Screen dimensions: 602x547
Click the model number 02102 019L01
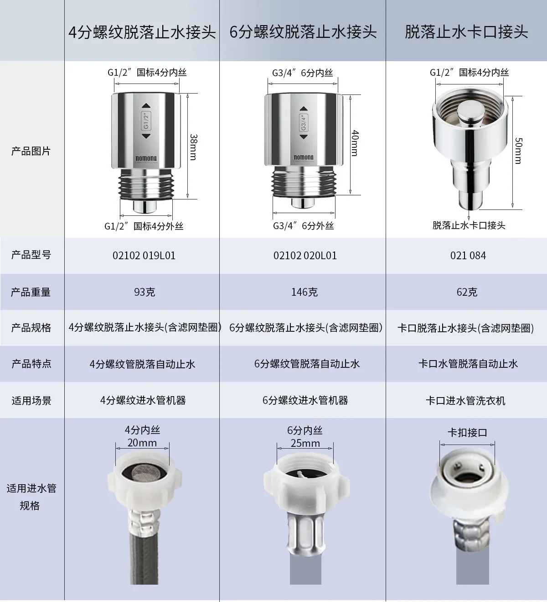tap(144, 256)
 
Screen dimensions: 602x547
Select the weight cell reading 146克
tap(304, 292)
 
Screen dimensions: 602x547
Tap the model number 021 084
tap(468, 256)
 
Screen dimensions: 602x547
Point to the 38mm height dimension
tap(193, 147)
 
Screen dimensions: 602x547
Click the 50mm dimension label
tap(518, 151)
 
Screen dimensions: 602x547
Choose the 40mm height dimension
tap(355, 143)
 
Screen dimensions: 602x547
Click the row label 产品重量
tap(31, 292)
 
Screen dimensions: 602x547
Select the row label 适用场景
tap(31, 401)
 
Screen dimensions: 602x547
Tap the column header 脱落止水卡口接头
tap(466, 32)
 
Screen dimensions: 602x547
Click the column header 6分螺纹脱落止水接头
tap(303, 32)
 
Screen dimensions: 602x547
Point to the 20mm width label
tap(142, 443)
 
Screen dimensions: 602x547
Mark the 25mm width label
tap(305, 443)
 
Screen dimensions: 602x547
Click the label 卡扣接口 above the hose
tap(467, 433)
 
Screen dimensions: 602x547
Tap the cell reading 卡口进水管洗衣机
tap(465, 401)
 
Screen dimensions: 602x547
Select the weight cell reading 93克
tap(144, 292)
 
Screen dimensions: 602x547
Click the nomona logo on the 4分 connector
tap(146, 159)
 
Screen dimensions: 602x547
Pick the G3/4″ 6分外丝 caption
tap(303, 226)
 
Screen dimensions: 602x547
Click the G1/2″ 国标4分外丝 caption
tap(144, 226)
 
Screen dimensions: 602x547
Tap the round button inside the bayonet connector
tap(470, 111)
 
